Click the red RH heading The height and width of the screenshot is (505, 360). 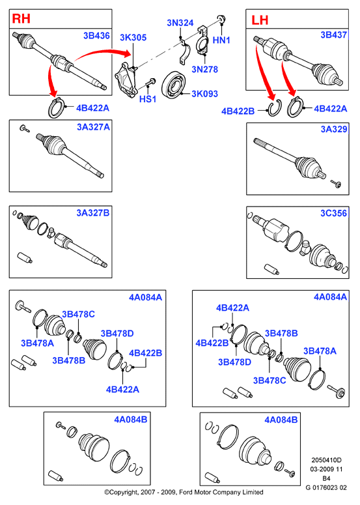(21, 19)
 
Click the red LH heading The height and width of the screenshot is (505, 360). (260, 20)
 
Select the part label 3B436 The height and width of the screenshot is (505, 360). (96, 36)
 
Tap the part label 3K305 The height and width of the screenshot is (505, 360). (133, 37)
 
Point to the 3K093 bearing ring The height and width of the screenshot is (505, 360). (174, 85)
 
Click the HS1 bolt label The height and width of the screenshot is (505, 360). (148, 99)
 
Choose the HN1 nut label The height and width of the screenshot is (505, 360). (221, 40)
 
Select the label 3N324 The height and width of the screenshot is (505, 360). (180, 23)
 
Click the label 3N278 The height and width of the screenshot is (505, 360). (204, 69)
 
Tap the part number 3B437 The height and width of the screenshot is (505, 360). (333, 35)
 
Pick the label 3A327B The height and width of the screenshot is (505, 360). (93, 213)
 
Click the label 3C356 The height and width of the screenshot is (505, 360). (333, 213)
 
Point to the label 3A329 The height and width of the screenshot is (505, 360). (334, 129)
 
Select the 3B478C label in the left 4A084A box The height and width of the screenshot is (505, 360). (78, 314)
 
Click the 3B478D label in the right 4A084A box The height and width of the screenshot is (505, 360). (234, 362)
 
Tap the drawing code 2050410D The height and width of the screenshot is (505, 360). (326, 460)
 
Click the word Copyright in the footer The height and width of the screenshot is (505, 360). (124, 493)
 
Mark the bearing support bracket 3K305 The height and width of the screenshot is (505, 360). (126, 79)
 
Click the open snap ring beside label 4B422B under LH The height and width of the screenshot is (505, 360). (275, 108)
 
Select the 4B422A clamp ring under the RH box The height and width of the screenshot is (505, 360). (55, 108)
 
